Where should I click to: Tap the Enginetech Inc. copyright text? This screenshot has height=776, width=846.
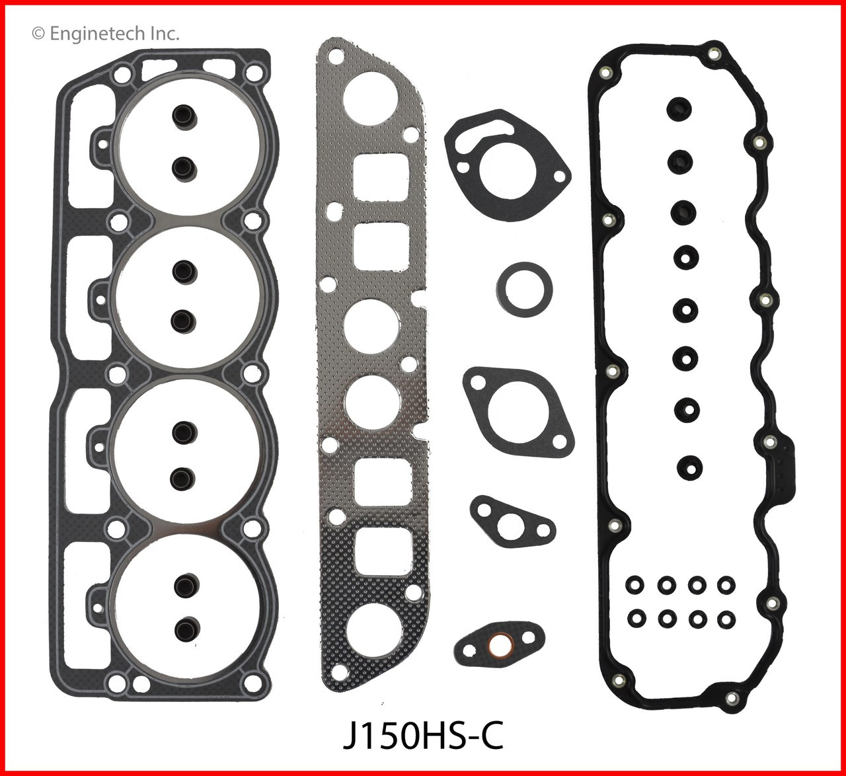pyautogui.click(x=106, y=33)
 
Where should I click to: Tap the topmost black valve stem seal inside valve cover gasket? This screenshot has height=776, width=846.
pyautogui.click(x=679, y=106)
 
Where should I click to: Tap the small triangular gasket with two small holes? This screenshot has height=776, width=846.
pyautogui.click(x=512, y=524)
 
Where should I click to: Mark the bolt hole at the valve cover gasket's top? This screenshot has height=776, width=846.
pyautogui.click(x=713, y=54)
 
